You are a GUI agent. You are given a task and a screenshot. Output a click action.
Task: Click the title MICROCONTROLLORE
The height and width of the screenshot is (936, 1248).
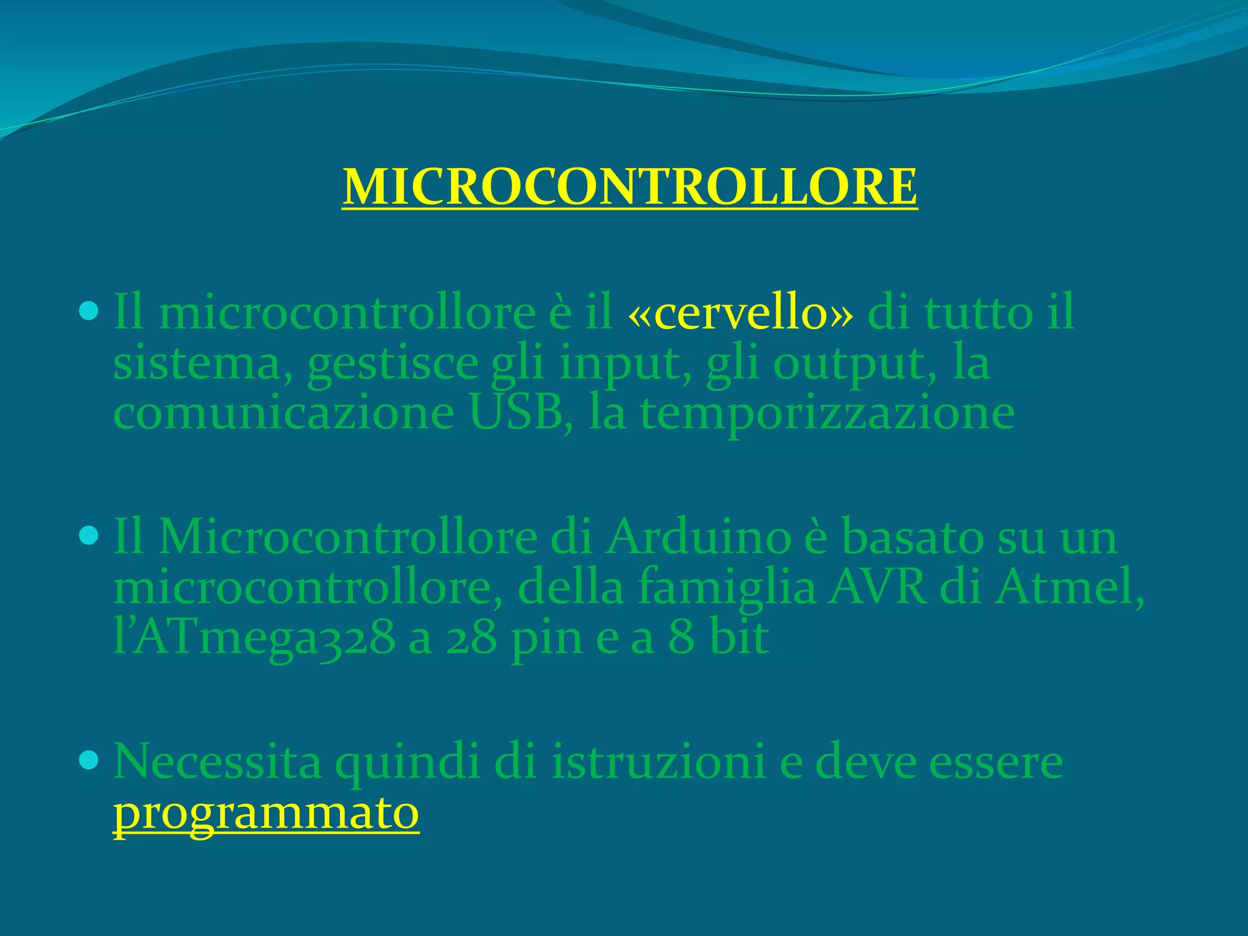point(629,186)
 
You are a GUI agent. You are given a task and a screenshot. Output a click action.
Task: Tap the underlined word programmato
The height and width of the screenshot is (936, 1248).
point(266,813)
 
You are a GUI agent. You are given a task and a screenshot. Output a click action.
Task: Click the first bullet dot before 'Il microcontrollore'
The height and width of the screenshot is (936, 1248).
point(89,312)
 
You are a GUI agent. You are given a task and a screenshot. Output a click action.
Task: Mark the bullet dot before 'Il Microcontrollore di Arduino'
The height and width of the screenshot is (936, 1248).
point(89,536)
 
